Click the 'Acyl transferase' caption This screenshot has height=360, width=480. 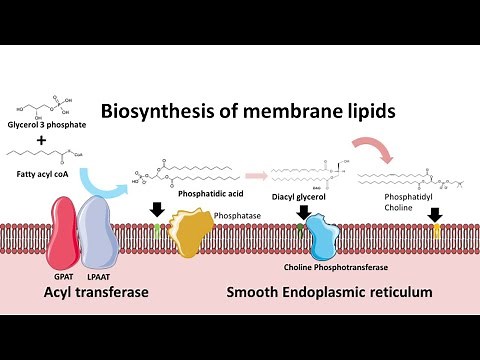coord(82,292)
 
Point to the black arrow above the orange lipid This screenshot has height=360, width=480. coord(435,214)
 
